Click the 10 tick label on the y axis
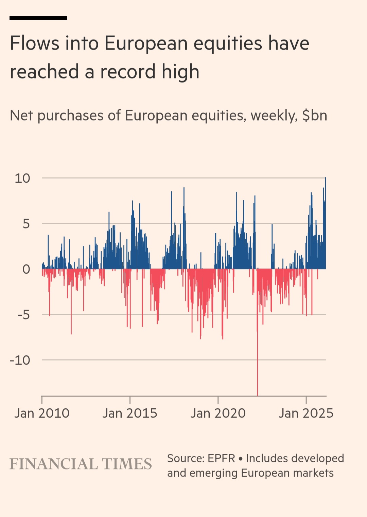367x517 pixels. (22, 178)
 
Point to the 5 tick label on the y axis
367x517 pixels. (26, 224)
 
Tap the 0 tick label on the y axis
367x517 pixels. (26, 269)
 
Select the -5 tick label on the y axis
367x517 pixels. (24, 315)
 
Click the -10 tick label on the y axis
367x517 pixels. (20, 360)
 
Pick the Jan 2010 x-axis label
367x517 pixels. (42, 413)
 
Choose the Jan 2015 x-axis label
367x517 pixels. (130, 413)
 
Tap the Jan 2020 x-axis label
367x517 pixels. (218, 413)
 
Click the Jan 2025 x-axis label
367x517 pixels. (306, 413)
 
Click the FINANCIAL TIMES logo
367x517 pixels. (81, 464)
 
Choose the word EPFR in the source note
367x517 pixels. (221, 458)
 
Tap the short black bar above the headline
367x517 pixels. (38, 18)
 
